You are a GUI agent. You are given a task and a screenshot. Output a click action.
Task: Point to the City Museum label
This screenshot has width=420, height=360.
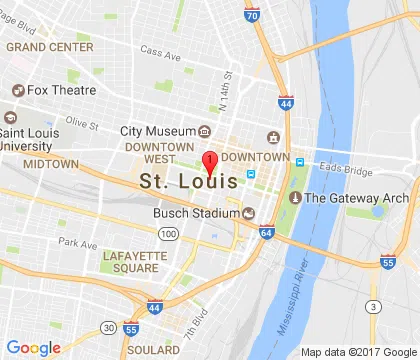point(157,131)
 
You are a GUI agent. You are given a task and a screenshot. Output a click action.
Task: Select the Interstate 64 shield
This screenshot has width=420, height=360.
point(266,233)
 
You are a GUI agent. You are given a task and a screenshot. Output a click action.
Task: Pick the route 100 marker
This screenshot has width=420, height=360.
point(169,233)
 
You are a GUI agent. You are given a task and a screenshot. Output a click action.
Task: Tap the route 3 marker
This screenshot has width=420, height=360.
point(374,305)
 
